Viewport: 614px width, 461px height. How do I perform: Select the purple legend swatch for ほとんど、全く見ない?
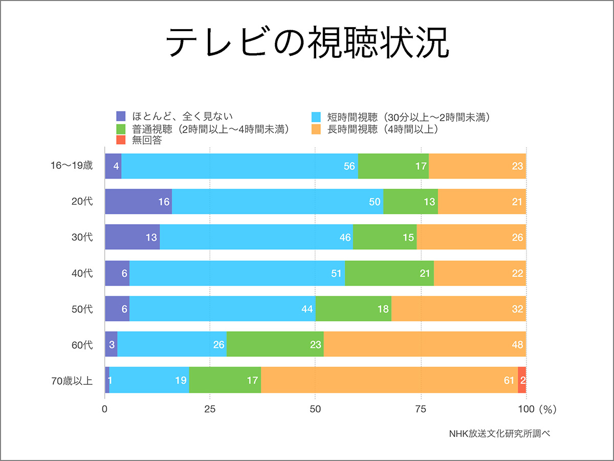[x=121, y=116]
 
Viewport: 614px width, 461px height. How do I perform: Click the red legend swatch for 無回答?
[x=121, y=140]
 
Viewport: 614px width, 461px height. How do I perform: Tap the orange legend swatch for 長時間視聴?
[x=317, y=129]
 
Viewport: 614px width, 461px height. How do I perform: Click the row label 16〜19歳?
[x=75, y=166]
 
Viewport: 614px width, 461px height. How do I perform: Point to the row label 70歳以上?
[x=72, y=380]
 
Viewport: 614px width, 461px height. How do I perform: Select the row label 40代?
[x=82, y=273]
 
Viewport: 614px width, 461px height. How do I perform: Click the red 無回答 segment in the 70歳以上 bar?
[x=522, y=380]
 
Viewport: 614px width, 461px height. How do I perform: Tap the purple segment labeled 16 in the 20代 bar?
[x=138, y=202]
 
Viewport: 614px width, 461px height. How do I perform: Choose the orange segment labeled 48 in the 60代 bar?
[x=425, y=344]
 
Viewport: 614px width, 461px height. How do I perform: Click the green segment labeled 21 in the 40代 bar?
[x=389, y=273]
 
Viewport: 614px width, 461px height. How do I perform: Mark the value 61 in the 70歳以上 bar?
[x=508, y=380]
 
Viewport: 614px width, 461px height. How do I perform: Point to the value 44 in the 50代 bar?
[x=307, y=309]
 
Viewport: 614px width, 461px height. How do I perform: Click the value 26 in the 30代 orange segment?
[x=517, y=237]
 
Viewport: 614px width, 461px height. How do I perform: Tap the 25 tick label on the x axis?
[x=210, y=409]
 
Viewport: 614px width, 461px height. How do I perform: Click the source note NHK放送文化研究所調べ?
[x=499, y=433]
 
